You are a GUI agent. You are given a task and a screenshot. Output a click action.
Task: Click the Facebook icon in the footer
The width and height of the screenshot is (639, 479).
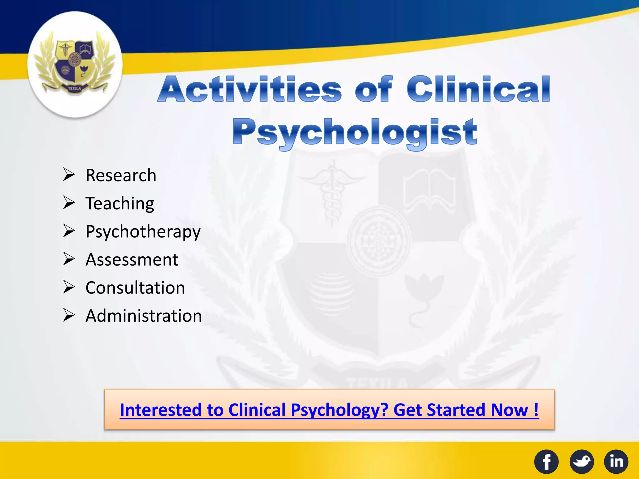[546, 462]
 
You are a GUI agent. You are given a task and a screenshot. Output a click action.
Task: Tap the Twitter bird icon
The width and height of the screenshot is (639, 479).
[582, 462]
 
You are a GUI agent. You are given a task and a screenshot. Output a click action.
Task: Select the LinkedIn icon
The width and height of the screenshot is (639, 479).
[616, 462]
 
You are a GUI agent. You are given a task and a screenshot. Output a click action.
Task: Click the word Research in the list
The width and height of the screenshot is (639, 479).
[121, 175]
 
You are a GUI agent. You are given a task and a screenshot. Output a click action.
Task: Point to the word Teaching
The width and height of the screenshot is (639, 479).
[120, 204]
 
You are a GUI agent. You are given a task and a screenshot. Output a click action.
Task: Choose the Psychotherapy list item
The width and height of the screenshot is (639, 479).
[143, 232]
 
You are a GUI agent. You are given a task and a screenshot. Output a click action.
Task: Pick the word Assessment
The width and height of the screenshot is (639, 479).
[132, 260]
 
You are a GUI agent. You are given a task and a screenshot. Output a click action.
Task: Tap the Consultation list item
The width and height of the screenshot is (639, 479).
[135, 288]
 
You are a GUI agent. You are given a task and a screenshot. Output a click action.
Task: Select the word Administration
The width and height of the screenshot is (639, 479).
[144, 316]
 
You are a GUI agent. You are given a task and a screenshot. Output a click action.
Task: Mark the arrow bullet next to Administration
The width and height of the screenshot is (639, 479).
[69, 315]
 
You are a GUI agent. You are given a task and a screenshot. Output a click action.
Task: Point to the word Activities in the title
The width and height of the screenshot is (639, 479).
[250, 90]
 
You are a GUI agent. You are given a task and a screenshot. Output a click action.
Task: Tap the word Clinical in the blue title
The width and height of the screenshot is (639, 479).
[478, 90]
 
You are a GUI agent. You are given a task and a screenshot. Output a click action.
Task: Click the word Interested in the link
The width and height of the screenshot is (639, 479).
[161, 410]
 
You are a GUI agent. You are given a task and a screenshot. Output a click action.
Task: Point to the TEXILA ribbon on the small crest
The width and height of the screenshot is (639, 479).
[75, 89]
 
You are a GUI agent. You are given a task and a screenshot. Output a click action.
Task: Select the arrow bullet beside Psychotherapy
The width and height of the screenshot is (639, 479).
[69, 231]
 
